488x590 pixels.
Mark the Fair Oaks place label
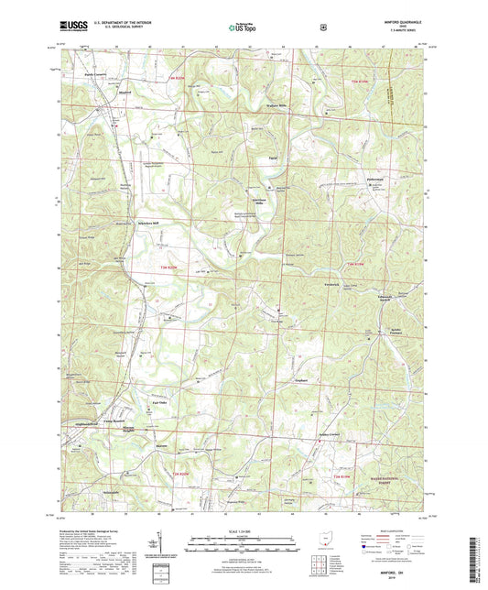158,401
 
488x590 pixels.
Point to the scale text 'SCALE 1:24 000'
244,535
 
